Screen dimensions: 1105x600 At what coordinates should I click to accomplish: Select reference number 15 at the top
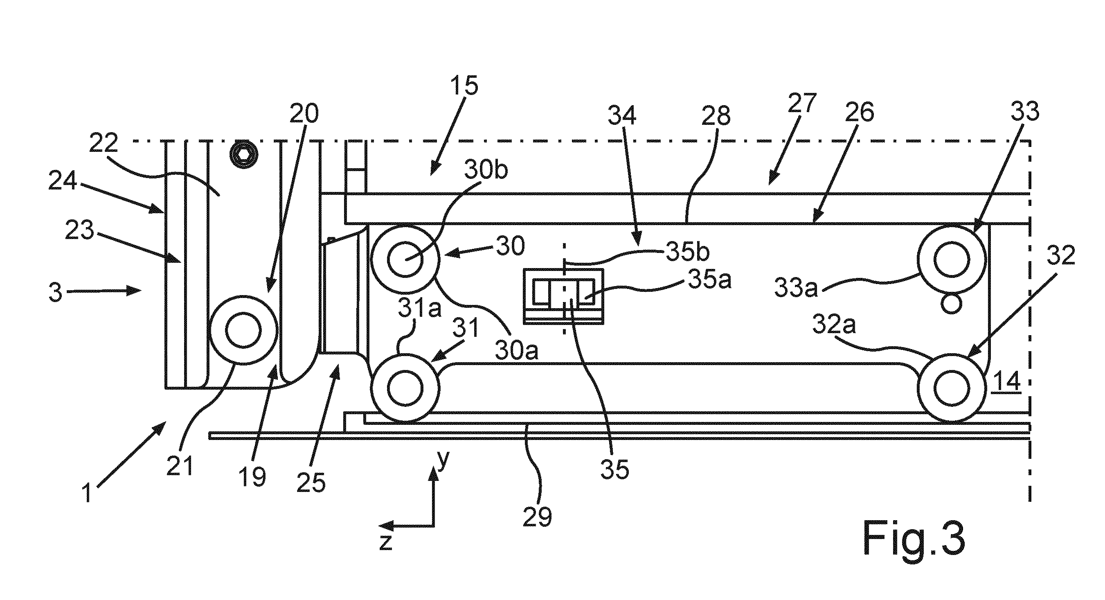pyautogui.click(x=459, y=86)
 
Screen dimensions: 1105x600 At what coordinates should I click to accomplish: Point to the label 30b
pyautogui.click(x=486, y=170)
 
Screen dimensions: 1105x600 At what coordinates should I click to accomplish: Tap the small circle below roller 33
pyautogui.click(x=951, y=303)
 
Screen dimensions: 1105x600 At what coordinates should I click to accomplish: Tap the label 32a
pyautogui.click(x=834, y=325)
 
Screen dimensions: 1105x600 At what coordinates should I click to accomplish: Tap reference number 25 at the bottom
pyautogui.click(x=311, y=483)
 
